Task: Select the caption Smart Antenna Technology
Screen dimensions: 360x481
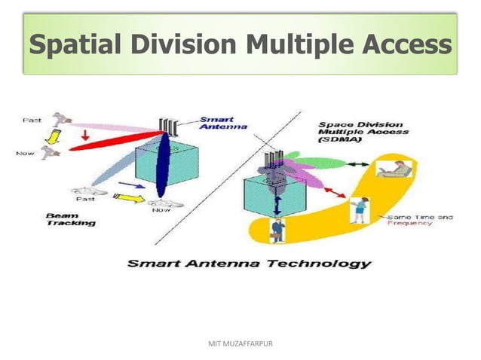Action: coord(248,263)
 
